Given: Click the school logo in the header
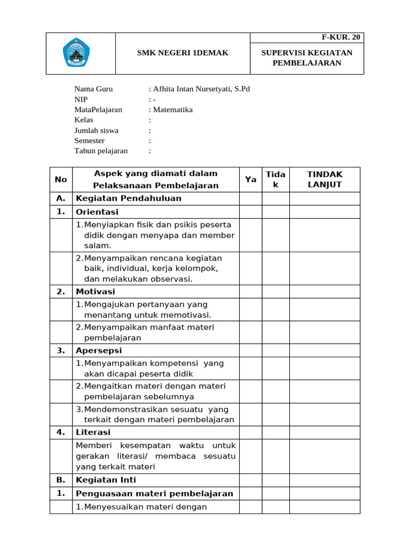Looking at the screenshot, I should tap(80, 53).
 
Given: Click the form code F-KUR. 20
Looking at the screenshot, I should tap(341, 37).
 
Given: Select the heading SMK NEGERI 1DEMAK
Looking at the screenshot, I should tap(183, 53).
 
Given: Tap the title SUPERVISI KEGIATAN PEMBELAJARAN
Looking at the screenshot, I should tap(307, 58).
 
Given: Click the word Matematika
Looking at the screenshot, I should tap(173, 110).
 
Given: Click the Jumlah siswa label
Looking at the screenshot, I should tap(97, 131).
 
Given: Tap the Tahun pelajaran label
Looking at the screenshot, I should tap(101, 151).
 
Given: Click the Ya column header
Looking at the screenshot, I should tap(250, 180).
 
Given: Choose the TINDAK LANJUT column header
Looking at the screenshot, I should tap(325, 180).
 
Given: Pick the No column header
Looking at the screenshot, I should tap(61, 180).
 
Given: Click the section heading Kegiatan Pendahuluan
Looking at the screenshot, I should tap(129, 198).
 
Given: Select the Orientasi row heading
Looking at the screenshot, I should tap(97, 212).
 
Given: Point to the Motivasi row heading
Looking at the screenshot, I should tap(96, 292).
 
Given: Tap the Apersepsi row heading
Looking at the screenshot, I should tap(99, 350).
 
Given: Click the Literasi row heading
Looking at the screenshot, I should tap(93, 432).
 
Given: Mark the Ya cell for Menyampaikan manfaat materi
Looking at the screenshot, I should tap(250, 333).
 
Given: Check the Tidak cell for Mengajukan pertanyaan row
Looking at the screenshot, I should tap(275, 310).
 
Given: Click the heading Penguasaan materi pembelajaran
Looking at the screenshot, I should tap(155, 493).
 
